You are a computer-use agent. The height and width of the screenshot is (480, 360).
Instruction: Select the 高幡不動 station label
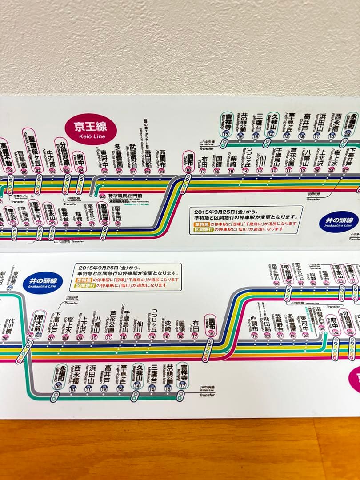(4, 156)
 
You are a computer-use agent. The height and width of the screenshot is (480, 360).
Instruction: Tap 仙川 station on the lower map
(139, 329)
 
